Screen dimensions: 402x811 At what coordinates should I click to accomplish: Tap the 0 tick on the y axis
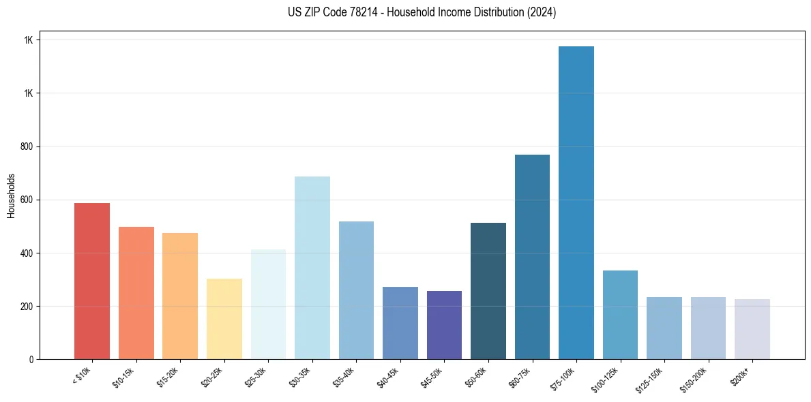tap(31, 359)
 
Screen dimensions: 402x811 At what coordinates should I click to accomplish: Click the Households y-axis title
tap(11, 196)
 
